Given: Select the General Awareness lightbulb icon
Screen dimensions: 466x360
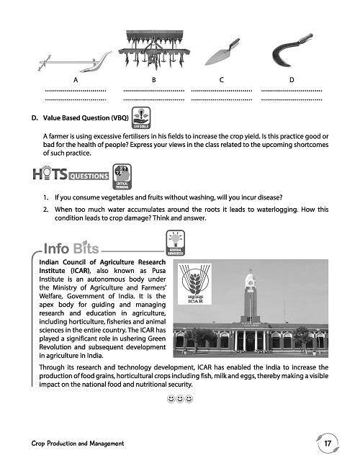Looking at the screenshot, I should pyautogui.click(x=176, y=244).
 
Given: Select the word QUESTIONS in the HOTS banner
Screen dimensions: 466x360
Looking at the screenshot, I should pyautogui.click(x=88, y=175).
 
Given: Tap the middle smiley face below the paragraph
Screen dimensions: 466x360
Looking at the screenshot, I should pyautogui.click(x=178, y=398).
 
